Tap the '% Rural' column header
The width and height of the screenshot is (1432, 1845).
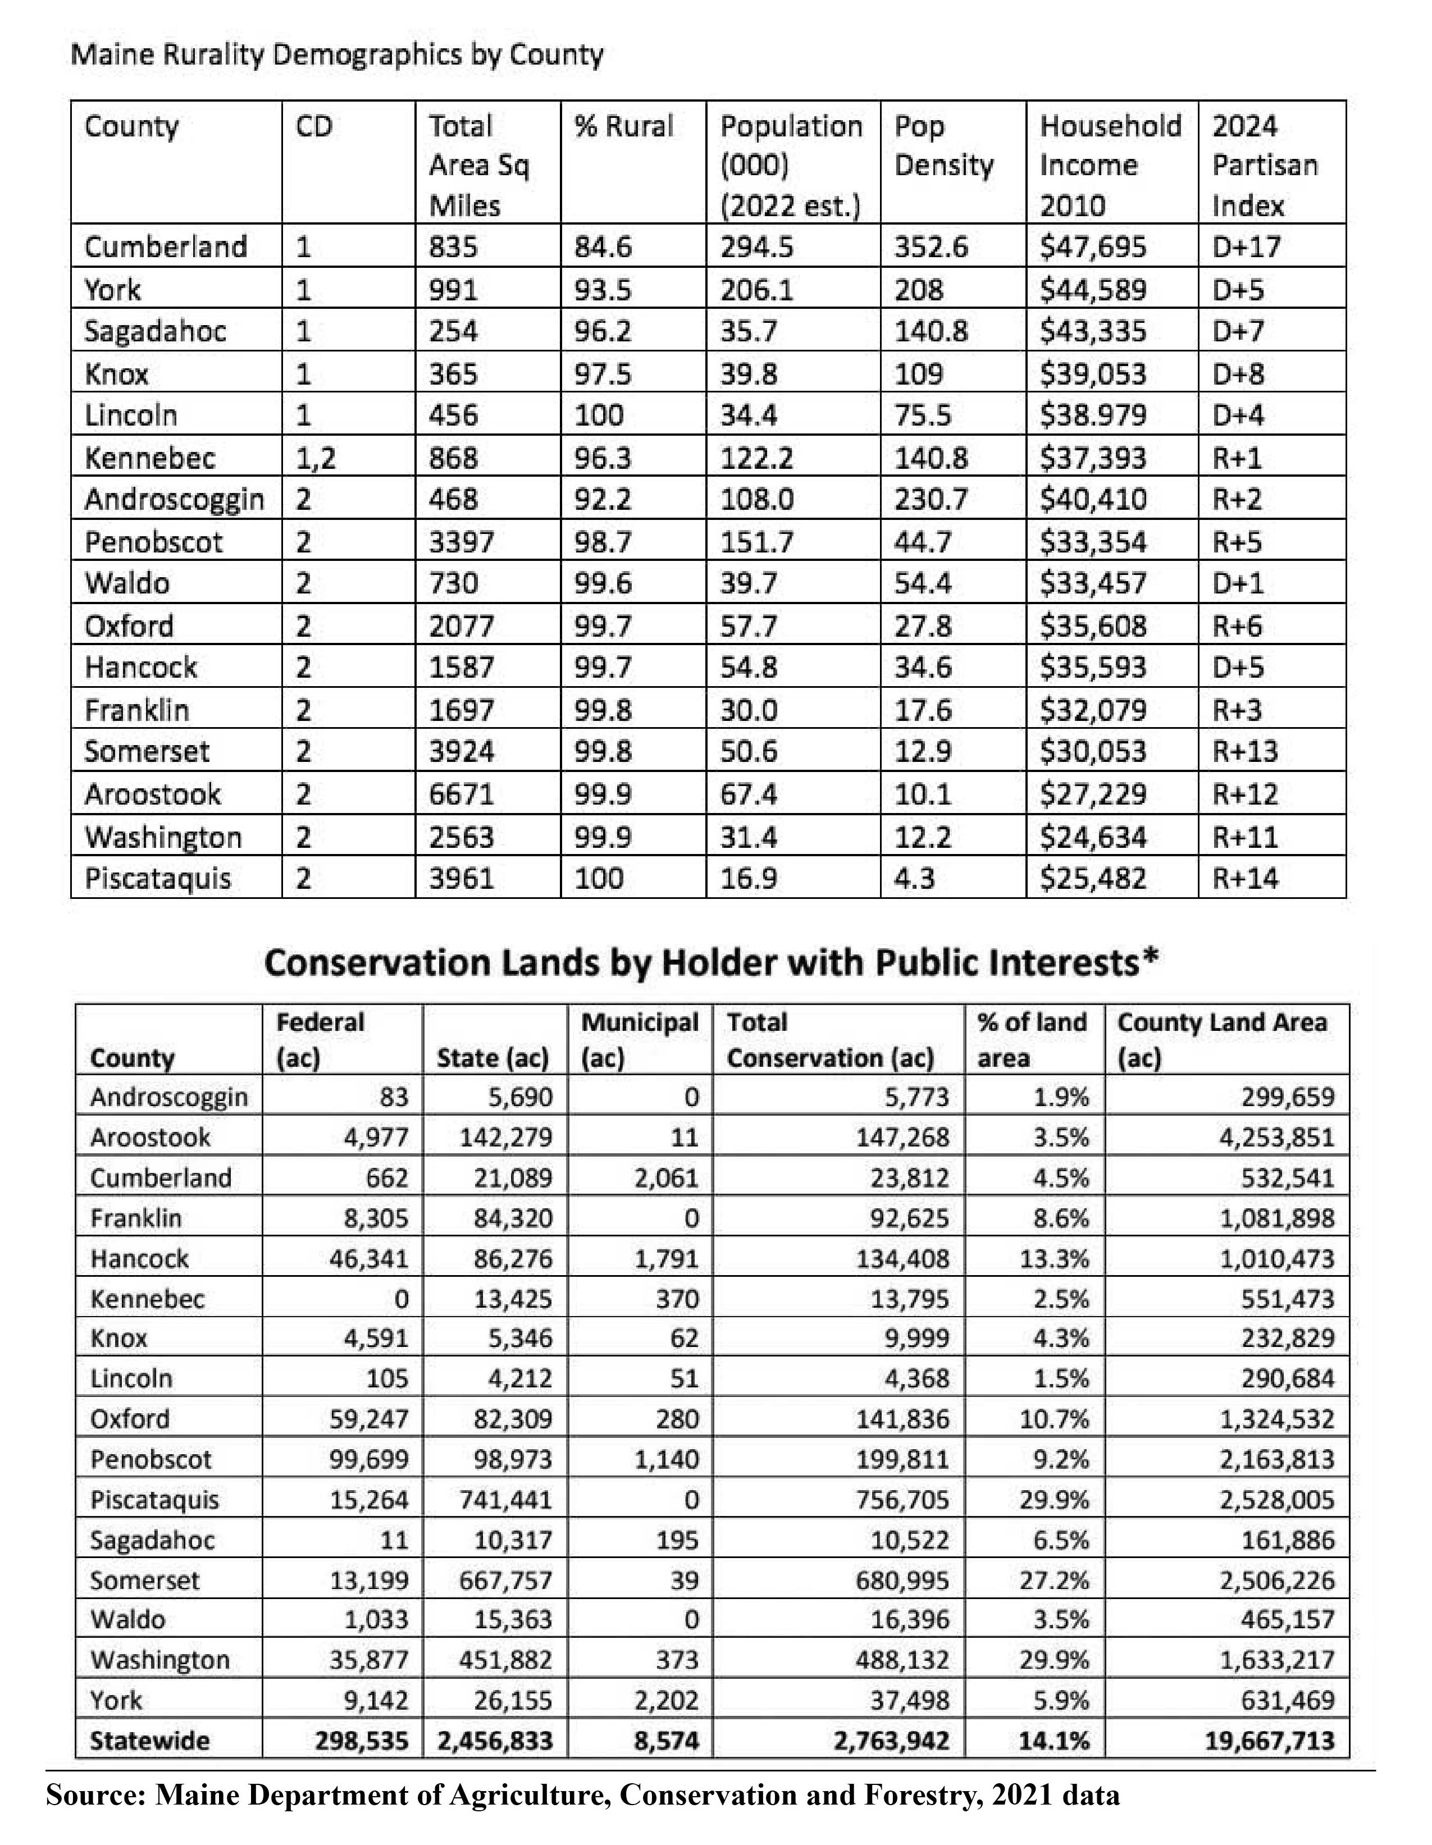(623, 127)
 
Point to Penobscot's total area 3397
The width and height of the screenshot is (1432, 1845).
(460, 541)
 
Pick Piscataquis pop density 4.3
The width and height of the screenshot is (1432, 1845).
(914, 879)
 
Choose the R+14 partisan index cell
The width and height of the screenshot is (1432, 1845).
(1246, 879)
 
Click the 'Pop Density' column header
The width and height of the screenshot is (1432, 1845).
(943, 146)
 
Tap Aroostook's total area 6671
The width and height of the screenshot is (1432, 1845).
(460, 794)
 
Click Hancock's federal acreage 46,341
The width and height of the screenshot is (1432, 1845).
(368, 1259)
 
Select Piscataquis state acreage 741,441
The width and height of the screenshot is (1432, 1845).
(505, 1500)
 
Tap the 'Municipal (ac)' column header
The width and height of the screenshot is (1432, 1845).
(640, 1039)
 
